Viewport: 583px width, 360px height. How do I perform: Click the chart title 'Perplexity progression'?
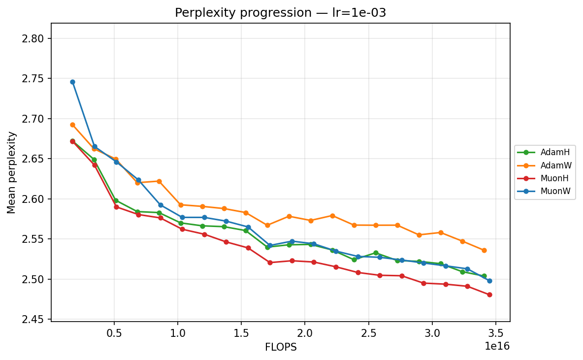pyautogui.click(x=280, y=13)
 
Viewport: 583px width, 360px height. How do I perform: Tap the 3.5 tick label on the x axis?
pyautogui.click(x=495, y=332)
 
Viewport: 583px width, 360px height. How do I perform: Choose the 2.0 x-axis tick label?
pyautogui.click(x=305, y=332)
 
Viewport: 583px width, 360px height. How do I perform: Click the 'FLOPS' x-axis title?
pyautogui.click(x=281, y=347)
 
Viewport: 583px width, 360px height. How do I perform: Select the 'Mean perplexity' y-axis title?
pyautogui.click(x=11, y=172)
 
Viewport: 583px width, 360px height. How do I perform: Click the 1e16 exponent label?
pyautogui.click(x=497, y=346)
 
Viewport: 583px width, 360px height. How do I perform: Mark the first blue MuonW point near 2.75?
pyautogui.click(x=72, y=82)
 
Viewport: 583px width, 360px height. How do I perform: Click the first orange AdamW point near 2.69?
pyautogui.click(x=72, y=125)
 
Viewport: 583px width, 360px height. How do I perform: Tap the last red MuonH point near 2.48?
pyautogui.click(x=489, y=295)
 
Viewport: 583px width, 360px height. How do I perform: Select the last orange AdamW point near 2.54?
pyautogui.click(x=484, y=250)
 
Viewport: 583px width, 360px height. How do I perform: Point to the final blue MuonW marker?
pyautogui.click(x=489, y=281)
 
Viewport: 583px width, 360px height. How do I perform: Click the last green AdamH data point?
pyautogui.click(x=484, y=276)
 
